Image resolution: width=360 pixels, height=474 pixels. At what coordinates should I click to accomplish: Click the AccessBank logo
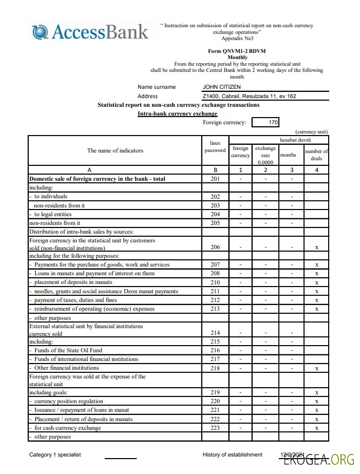(x=90, y=32)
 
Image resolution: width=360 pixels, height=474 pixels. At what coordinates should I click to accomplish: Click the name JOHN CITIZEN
(x=221, y=87)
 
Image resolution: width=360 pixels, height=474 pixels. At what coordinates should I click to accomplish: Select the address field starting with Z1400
(x=249, y=96)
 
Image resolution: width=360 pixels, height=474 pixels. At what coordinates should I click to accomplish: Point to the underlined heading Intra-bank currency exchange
(x=177, y=113)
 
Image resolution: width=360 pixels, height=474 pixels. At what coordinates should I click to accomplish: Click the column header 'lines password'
(x=215, y=147)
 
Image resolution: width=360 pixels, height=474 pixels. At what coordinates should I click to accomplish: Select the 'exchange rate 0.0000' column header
(x=266, y=155)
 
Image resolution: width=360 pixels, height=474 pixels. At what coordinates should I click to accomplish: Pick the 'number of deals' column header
(x=316, y=155)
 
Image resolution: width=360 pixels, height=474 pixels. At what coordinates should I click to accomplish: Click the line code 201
(x=215, y=179)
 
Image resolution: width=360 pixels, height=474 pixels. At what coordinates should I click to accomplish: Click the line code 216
(x=215, y=350)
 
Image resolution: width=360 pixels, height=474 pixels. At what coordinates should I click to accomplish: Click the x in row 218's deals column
(x=316, y=368)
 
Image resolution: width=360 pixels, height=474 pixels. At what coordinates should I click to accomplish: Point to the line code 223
(x=215, y=428)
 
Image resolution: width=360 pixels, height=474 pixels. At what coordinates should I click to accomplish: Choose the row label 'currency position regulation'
(x=68, y=401)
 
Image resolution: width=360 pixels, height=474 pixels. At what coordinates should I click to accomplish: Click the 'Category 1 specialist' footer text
(x=55, y=454)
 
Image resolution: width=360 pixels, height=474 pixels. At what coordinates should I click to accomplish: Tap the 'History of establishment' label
(x=232, y=454)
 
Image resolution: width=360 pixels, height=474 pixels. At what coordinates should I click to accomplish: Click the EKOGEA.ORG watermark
(x=326, y=460)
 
